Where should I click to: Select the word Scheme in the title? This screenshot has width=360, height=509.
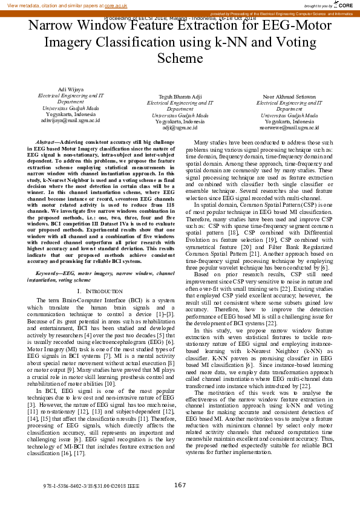(x=179, y=57)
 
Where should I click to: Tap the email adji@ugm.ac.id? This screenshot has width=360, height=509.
(x=180, y=128)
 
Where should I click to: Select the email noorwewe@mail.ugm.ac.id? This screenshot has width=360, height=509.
(x=289, y=128)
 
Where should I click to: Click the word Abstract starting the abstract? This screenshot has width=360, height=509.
(x=47, y=140)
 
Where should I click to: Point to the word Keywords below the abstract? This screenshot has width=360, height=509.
(x=50, y=274)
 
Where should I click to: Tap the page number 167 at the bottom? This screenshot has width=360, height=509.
(x=180, y=485)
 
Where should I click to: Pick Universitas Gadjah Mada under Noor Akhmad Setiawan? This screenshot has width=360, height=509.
(x=289, y=115)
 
